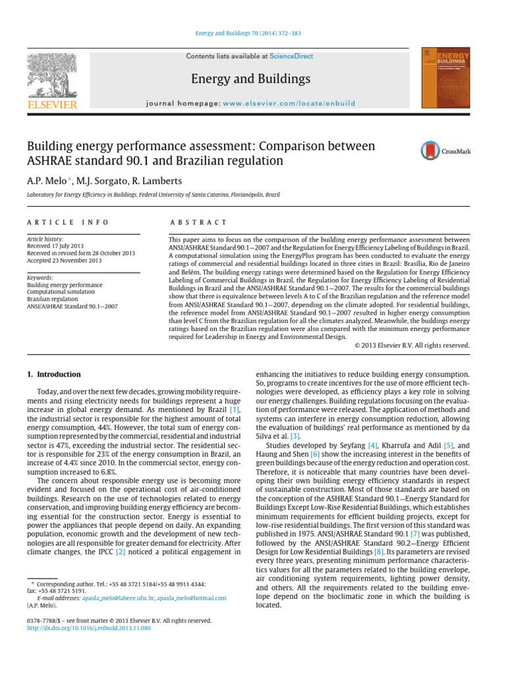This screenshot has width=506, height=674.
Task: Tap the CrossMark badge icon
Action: pos(441,151)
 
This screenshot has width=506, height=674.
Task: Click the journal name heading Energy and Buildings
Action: pos(250,79)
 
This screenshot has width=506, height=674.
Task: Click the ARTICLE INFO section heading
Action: pos(68,223)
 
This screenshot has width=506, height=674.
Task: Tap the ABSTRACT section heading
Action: pos(198,223)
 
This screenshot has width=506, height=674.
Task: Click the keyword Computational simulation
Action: pos(60,292)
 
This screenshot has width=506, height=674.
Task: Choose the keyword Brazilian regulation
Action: pos(54,299)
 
